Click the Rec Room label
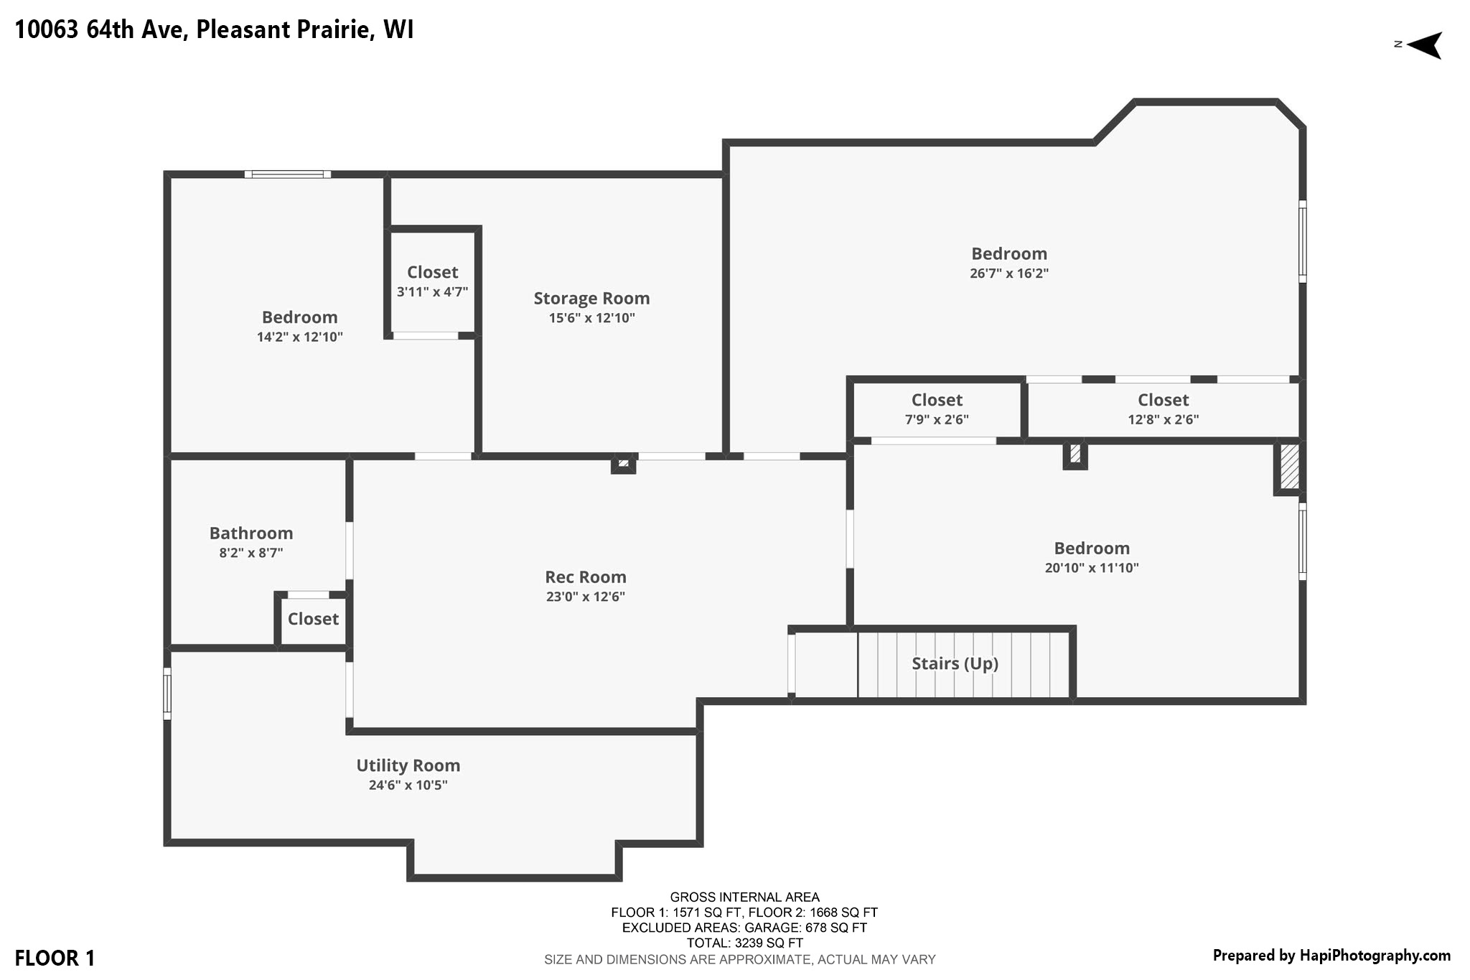click(x=586, y=577)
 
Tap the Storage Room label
click(x=591, y=298)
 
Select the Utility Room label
click(x=408, y=765)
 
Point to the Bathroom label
click(x=251, y=533)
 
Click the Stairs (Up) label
click(x=955, y=663)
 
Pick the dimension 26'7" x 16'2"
click(x=1009, y=274)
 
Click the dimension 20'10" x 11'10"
click(x=1092, y=568)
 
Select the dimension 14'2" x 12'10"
click(x=300, y=337)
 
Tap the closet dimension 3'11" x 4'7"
click(x=433, y=292)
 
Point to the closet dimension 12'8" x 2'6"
click(x=1164, y=419)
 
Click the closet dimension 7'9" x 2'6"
click(x=937, y=419)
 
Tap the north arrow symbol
click(x=1424, y=45)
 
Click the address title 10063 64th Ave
click(x=101, y=30)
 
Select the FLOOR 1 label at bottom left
click(x=55, y=958)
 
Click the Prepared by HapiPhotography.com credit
click(x=1331, y=956)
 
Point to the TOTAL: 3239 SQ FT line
click(x=744, y=943)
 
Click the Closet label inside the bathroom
click(x=313, y=619)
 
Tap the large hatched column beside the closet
click(x=1290, y=467)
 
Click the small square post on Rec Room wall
click(x=623, y=464)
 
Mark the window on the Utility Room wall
click(x=167, y=694)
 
